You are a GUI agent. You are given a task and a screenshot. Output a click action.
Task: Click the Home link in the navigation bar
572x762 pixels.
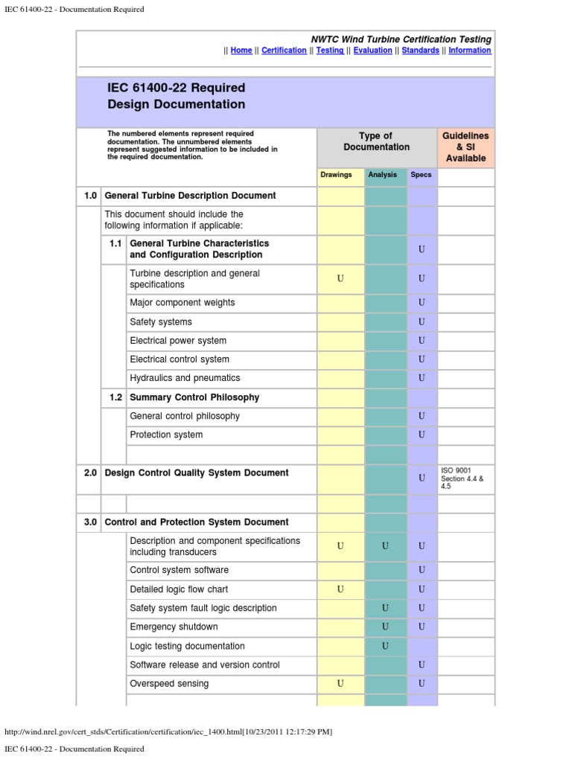[241, 51]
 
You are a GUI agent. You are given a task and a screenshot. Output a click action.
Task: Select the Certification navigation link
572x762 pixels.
[284, 51]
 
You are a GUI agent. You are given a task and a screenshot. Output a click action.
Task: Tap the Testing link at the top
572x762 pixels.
[330, 51]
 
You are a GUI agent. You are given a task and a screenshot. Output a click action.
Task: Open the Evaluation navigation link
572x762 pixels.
[372, 51]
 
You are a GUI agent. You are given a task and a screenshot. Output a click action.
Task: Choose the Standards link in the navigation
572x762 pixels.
[420, 51]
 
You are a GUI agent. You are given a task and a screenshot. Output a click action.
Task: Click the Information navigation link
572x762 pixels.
[469, 51]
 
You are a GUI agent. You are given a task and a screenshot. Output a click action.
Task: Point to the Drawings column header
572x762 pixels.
[336, 175]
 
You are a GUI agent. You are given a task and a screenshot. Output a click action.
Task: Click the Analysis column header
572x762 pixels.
[383, 175]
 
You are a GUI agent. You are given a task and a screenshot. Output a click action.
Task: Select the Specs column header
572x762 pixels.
[421, 175]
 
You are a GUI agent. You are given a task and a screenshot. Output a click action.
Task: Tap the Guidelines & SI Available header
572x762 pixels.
[465, 147]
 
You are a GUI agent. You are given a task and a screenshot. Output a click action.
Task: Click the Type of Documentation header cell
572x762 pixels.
[376, 141]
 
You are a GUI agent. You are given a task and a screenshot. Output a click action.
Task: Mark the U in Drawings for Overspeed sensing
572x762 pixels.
[340, 684]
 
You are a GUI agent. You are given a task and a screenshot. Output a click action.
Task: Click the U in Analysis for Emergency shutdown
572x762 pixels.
[385, 627]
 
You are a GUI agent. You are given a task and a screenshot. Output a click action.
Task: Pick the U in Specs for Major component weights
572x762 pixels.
[422, 303]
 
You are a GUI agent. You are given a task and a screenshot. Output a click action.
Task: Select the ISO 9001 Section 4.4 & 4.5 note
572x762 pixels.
[463, 478]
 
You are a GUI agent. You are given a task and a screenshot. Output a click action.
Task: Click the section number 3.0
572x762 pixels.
[90, 522]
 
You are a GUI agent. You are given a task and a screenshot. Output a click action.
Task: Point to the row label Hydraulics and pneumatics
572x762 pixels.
[185, 378]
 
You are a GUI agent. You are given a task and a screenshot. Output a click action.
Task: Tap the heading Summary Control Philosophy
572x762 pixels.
[194, 397]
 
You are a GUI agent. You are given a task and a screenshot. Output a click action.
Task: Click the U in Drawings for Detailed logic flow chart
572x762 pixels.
[340, 589]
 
